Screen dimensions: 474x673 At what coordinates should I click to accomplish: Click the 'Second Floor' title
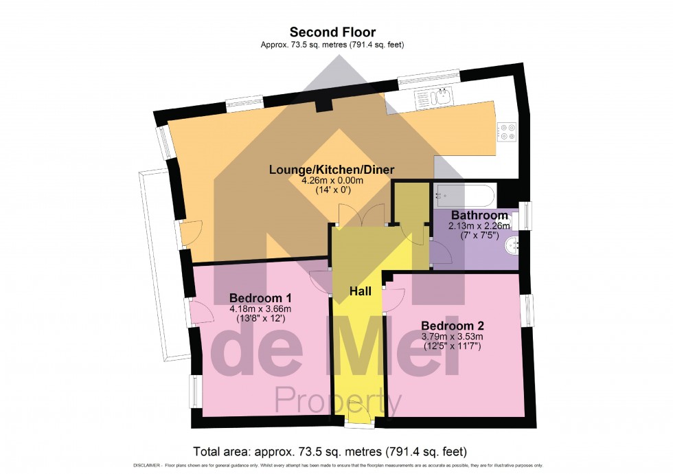click(332, 32)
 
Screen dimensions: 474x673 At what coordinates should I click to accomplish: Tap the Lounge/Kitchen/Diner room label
click(332, 170)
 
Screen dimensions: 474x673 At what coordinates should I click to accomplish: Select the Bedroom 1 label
click(260, 298)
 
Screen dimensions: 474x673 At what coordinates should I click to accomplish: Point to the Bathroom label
click(479, 215)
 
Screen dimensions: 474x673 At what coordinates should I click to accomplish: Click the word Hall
click(361, 292)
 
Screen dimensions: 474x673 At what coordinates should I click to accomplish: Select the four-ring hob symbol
click(507, 131)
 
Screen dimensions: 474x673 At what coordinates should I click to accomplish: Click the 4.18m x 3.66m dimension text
click(260, 309)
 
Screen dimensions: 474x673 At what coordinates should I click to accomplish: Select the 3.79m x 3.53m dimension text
click(452, 337)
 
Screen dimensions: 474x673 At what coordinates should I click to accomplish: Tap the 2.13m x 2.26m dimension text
click(479, 225)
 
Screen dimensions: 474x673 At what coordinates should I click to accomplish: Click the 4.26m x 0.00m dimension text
click(332, 181)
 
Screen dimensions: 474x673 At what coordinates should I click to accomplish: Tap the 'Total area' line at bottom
click(331, 452)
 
